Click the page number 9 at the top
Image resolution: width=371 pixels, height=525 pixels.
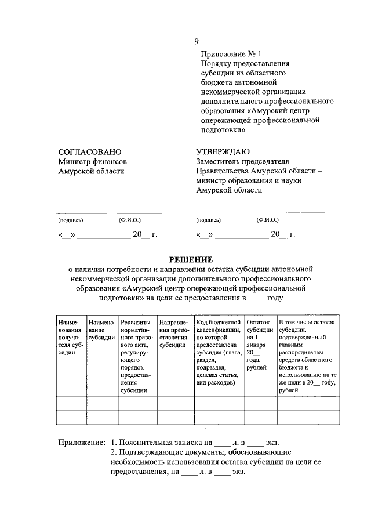click(197, 41)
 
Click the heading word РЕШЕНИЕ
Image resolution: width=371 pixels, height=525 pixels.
click(191, 259)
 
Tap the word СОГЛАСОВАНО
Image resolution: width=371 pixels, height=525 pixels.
click(89, 152)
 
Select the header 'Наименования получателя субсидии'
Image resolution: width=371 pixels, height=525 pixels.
click(69, 336)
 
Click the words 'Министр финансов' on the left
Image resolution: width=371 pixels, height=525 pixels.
click(92, 162)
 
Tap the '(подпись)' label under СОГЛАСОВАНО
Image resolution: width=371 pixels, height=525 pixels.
click(71, 220)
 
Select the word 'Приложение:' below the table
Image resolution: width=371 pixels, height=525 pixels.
click(82, 443)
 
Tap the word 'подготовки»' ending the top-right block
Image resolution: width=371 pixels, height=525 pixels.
click(217, 131)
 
